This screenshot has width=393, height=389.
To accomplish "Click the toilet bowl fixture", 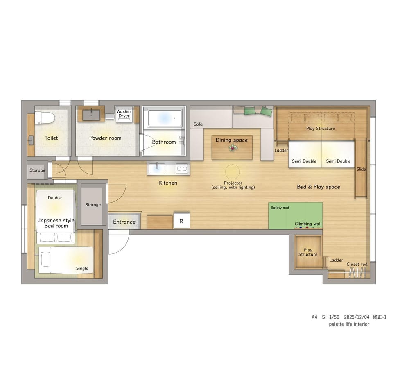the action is (x=45, y=118).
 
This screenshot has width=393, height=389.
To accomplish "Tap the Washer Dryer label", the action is (x=124, y=113).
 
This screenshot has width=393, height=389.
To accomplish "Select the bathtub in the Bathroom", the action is (x=165, y=118).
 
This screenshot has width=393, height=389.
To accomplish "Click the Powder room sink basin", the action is (x=91, y=115).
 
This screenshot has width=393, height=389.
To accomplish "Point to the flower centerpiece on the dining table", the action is (x=233, y=148).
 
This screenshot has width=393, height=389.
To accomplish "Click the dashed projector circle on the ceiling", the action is (x=233, y=172).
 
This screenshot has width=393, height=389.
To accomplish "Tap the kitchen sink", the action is (x=157, y=168).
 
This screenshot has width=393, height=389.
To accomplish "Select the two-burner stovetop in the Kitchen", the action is (x=182, y=169).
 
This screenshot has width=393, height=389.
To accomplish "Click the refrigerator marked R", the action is (x=181, y=221).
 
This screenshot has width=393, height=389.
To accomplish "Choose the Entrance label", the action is (x=124, y=222).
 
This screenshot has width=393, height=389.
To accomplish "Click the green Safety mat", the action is (x=295, y=215).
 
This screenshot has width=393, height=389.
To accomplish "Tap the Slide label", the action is (x=361, y=169).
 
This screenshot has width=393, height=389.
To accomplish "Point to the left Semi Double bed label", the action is (x=304, y=161).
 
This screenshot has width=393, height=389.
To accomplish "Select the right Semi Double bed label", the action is (x=338, y=161).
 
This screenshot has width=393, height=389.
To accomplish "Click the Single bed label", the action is (x=82, y=268).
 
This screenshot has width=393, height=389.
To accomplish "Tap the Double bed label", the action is (x=54, y=197).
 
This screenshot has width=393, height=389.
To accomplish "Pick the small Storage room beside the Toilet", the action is (x=37, y=170).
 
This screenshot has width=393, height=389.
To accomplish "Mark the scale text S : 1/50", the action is (x=330, y=317).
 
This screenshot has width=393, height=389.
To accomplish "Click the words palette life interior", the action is (x=349, y=324).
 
